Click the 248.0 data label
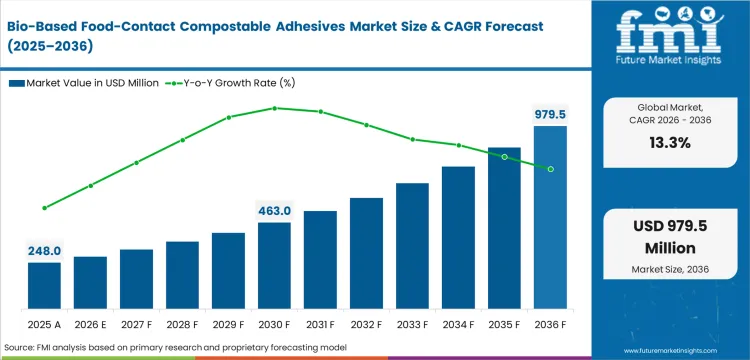coord(44,251)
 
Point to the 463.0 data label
coord(274,211)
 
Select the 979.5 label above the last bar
coord(549,114)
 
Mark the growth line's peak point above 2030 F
coord(274,108)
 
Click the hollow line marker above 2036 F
coord(550,169)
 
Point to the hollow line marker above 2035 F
coord(504,157)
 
